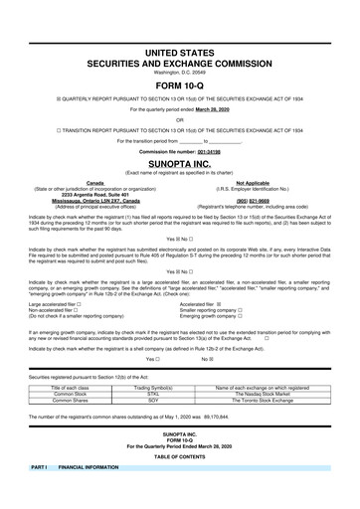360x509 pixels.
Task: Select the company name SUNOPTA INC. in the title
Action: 179,157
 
